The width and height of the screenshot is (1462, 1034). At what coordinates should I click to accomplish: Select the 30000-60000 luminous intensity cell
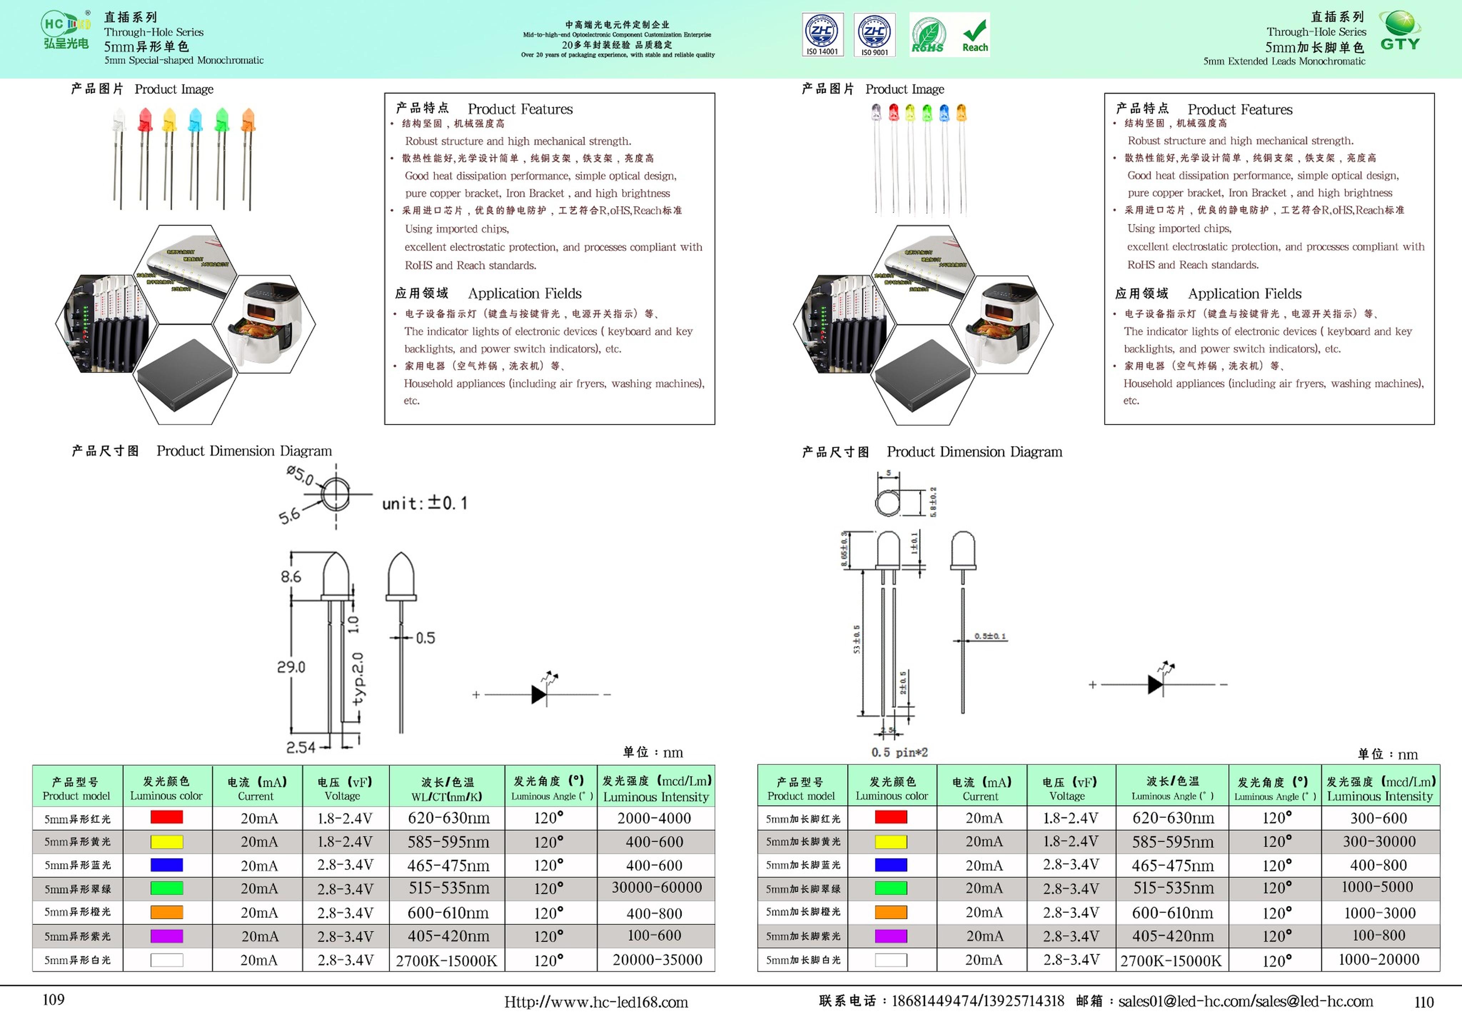[656, 888]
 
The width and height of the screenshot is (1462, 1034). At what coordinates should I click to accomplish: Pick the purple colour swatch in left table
[166, 936]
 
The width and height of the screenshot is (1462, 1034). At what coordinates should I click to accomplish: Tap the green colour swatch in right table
[891, 888]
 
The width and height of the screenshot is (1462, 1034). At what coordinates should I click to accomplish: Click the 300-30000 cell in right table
[1379, 842]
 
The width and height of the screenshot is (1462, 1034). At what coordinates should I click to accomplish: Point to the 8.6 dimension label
[291, 577]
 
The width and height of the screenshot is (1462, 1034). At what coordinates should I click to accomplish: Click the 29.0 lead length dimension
[291, 667]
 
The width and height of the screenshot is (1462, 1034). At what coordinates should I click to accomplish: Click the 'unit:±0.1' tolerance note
[425, 503]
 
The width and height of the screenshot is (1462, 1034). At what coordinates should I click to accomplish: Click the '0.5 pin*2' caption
[899, 752]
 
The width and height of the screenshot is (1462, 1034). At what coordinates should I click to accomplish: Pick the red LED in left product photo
[145, 120]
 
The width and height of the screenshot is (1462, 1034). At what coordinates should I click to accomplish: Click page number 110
[1424, 1002]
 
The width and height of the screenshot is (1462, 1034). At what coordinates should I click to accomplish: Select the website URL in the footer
[596, 1002]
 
